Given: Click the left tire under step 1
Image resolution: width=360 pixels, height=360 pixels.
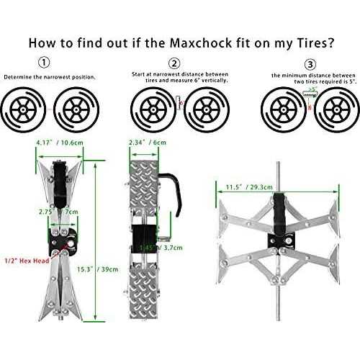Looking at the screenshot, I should tap(27, 110).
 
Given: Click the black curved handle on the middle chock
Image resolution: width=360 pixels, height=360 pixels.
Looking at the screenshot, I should tap(172, 180).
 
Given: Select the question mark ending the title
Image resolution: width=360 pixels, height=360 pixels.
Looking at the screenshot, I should tap(330, 41).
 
